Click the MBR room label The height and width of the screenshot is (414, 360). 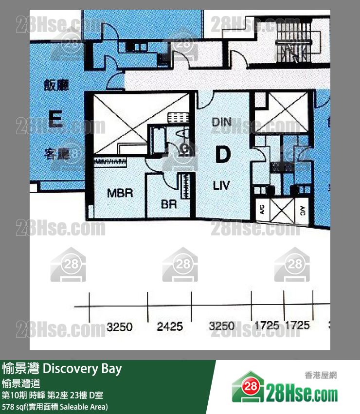[120, 193]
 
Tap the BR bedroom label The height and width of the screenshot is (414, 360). [169, 205]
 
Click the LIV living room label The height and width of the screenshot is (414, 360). [221, 185]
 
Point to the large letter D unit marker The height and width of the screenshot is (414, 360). [222, 155]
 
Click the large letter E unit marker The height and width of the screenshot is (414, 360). [55, 118]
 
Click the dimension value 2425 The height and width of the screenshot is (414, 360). [170, 326]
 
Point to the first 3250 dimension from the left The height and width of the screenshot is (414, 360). [120, 326]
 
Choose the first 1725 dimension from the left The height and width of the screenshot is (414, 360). [267, 325]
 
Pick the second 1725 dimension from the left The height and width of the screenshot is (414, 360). [297, 325]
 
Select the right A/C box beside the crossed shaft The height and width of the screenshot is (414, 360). [302, 211]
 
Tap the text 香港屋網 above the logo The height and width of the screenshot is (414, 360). [321, 375]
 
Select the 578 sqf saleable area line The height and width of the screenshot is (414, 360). [55, 406]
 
